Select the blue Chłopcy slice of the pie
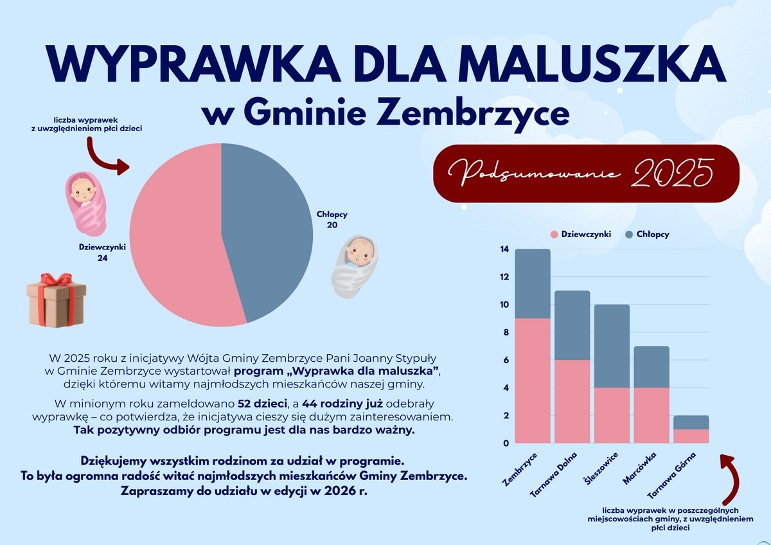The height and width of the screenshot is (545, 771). coord(270,231)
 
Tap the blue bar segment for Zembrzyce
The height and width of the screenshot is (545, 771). coord(533,283)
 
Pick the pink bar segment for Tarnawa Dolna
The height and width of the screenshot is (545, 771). coord(572,401)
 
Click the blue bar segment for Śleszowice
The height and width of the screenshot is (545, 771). coord(612,346)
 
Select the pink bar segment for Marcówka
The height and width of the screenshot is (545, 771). coord(651,415)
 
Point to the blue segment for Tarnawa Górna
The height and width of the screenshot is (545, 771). coord(691,422)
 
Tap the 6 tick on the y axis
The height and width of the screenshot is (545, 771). coord(505,360)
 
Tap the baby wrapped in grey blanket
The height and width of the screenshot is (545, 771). coord(355,265)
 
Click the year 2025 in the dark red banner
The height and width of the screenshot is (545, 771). coord(673,172)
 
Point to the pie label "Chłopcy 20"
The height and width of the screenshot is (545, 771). coord(332,220)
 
